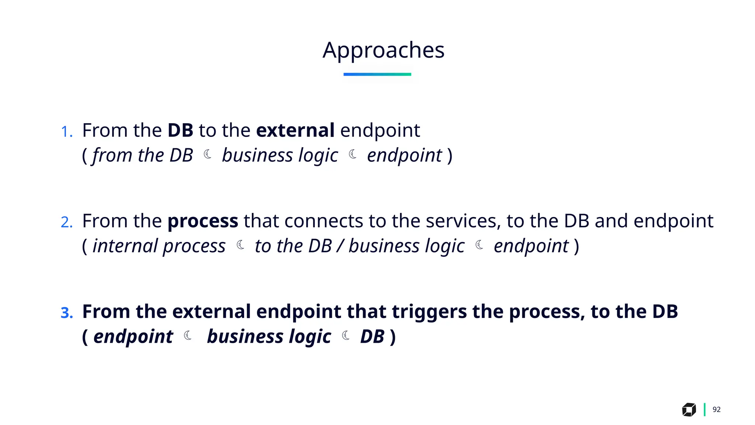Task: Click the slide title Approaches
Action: tap(383, 50)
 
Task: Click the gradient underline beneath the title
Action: tap(377, 74)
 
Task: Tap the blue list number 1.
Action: tap(66, 132)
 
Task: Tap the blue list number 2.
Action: tap(66, 222)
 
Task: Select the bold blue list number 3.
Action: tap(66, 313)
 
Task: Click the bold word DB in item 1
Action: tap(180, 130)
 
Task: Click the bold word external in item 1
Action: tap(295, 130)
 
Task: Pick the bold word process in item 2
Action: tap(203, 221)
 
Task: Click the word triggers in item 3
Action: tap(429, 312)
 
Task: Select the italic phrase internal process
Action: tap(159, 246)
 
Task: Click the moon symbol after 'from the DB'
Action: tap(208, 154)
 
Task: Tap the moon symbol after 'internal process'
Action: tap(240, 245)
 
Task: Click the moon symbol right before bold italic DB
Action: tap(346, 335)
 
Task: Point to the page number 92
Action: tap(716, 410)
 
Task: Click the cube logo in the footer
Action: tap(689, 410)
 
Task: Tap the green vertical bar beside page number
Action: tap(704, 410)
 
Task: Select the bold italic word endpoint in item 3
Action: tap(133, 337)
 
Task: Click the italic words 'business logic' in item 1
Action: tap(280, 155)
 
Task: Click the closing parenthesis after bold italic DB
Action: tap(393, 337)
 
